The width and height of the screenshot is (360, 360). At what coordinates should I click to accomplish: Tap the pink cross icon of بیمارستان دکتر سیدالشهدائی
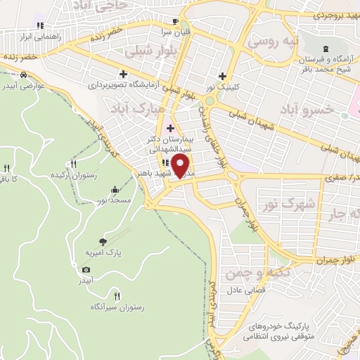pos(169,127)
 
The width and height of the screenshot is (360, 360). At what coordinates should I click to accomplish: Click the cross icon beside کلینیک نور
pos(223,76)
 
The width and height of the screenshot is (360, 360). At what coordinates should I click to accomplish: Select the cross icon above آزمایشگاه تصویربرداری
pos(124,73)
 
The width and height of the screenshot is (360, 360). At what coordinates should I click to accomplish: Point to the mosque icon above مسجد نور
pos(115,190)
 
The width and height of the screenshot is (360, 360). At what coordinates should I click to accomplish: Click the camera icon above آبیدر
pos(86,269)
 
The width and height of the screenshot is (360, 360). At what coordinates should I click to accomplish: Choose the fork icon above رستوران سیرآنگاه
pos(117,296)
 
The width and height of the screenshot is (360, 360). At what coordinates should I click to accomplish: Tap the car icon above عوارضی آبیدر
pos(24,75)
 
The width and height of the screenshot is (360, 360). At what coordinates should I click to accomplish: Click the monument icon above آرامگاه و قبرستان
pos(325,49)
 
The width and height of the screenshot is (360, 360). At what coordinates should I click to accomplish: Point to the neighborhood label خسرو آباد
pos(307,110)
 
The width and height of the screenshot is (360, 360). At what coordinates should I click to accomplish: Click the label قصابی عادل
pos(245,290)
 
